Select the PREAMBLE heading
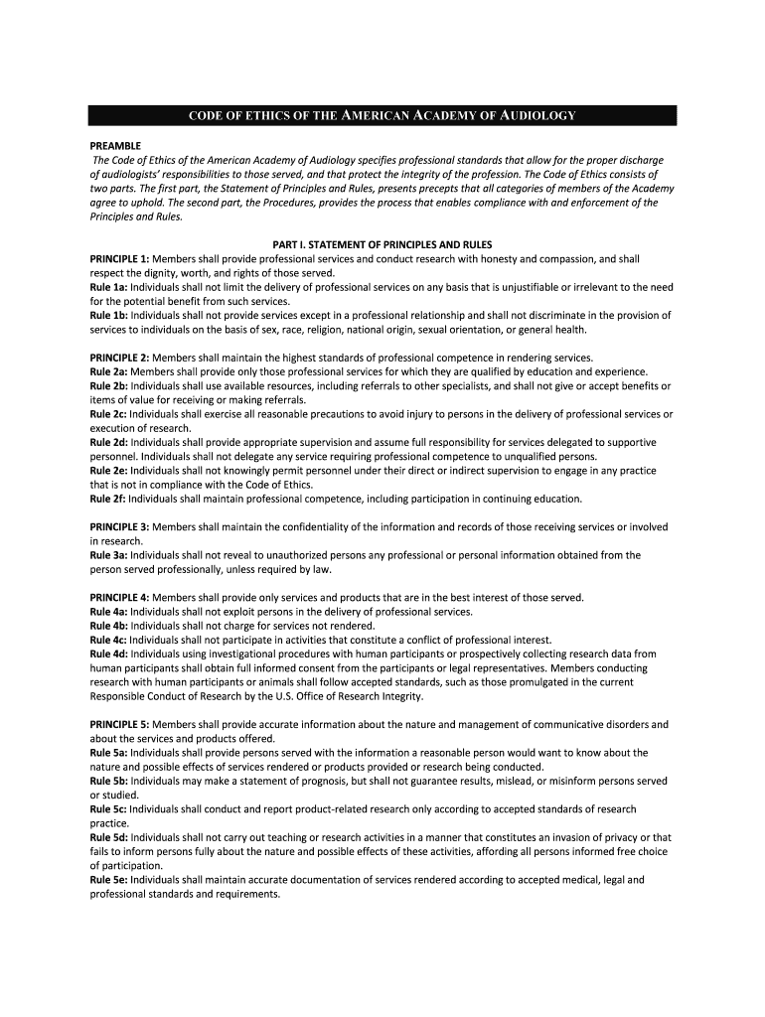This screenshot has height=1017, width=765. (x=116, y=145)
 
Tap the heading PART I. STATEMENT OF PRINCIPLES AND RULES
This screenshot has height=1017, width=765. (x=382, y=244)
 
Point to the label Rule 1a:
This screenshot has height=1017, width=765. (x=108, y=287)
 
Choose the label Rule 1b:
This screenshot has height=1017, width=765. (x=108, y=316)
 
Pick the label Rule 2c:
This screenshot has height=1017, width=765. (x=108, y=414)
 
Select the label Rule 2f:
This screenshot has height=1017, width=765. (x=107, y=499)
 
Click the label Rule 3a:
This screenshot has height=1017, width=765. (x=108, y=555)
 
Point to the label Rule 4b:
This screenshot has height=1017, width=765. (x=108, y=626)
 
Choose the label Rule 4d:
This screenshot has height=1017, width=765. (x=108, y=654)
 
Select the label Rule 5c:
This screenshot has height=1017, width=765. (x=108, y=809)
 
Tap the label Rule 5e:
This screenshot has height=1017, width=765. (x=108, y=879)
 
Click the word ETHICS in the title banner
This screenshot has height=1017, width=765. (x=265, y=116)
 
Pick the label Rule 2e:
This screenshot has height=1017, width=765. (x=108, y=471)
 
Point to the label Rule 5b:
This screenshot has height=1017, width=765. (x=108, y=781)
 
